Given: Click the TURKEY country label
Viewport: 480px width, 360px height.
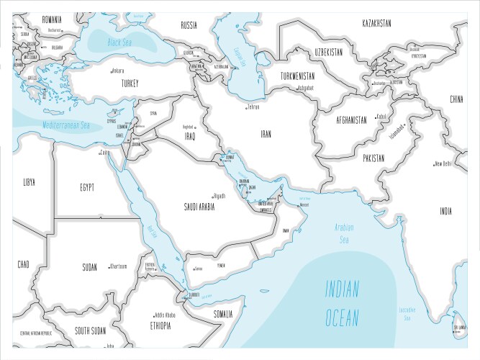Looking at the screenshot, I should click(x=130, y=83).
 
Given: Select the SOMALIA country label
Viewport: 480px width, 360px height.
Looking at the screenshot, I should click(x=223, y=314).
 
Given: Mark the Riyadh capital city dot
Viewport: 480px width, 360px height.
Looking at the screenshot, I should click(x=213, y=195).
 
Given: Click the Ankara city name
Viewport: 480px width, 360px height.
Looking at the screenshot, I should click(x=117, y=71).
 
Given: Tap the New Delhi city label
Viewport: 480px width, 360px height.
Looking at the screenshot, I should click(x=442, y=163).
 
